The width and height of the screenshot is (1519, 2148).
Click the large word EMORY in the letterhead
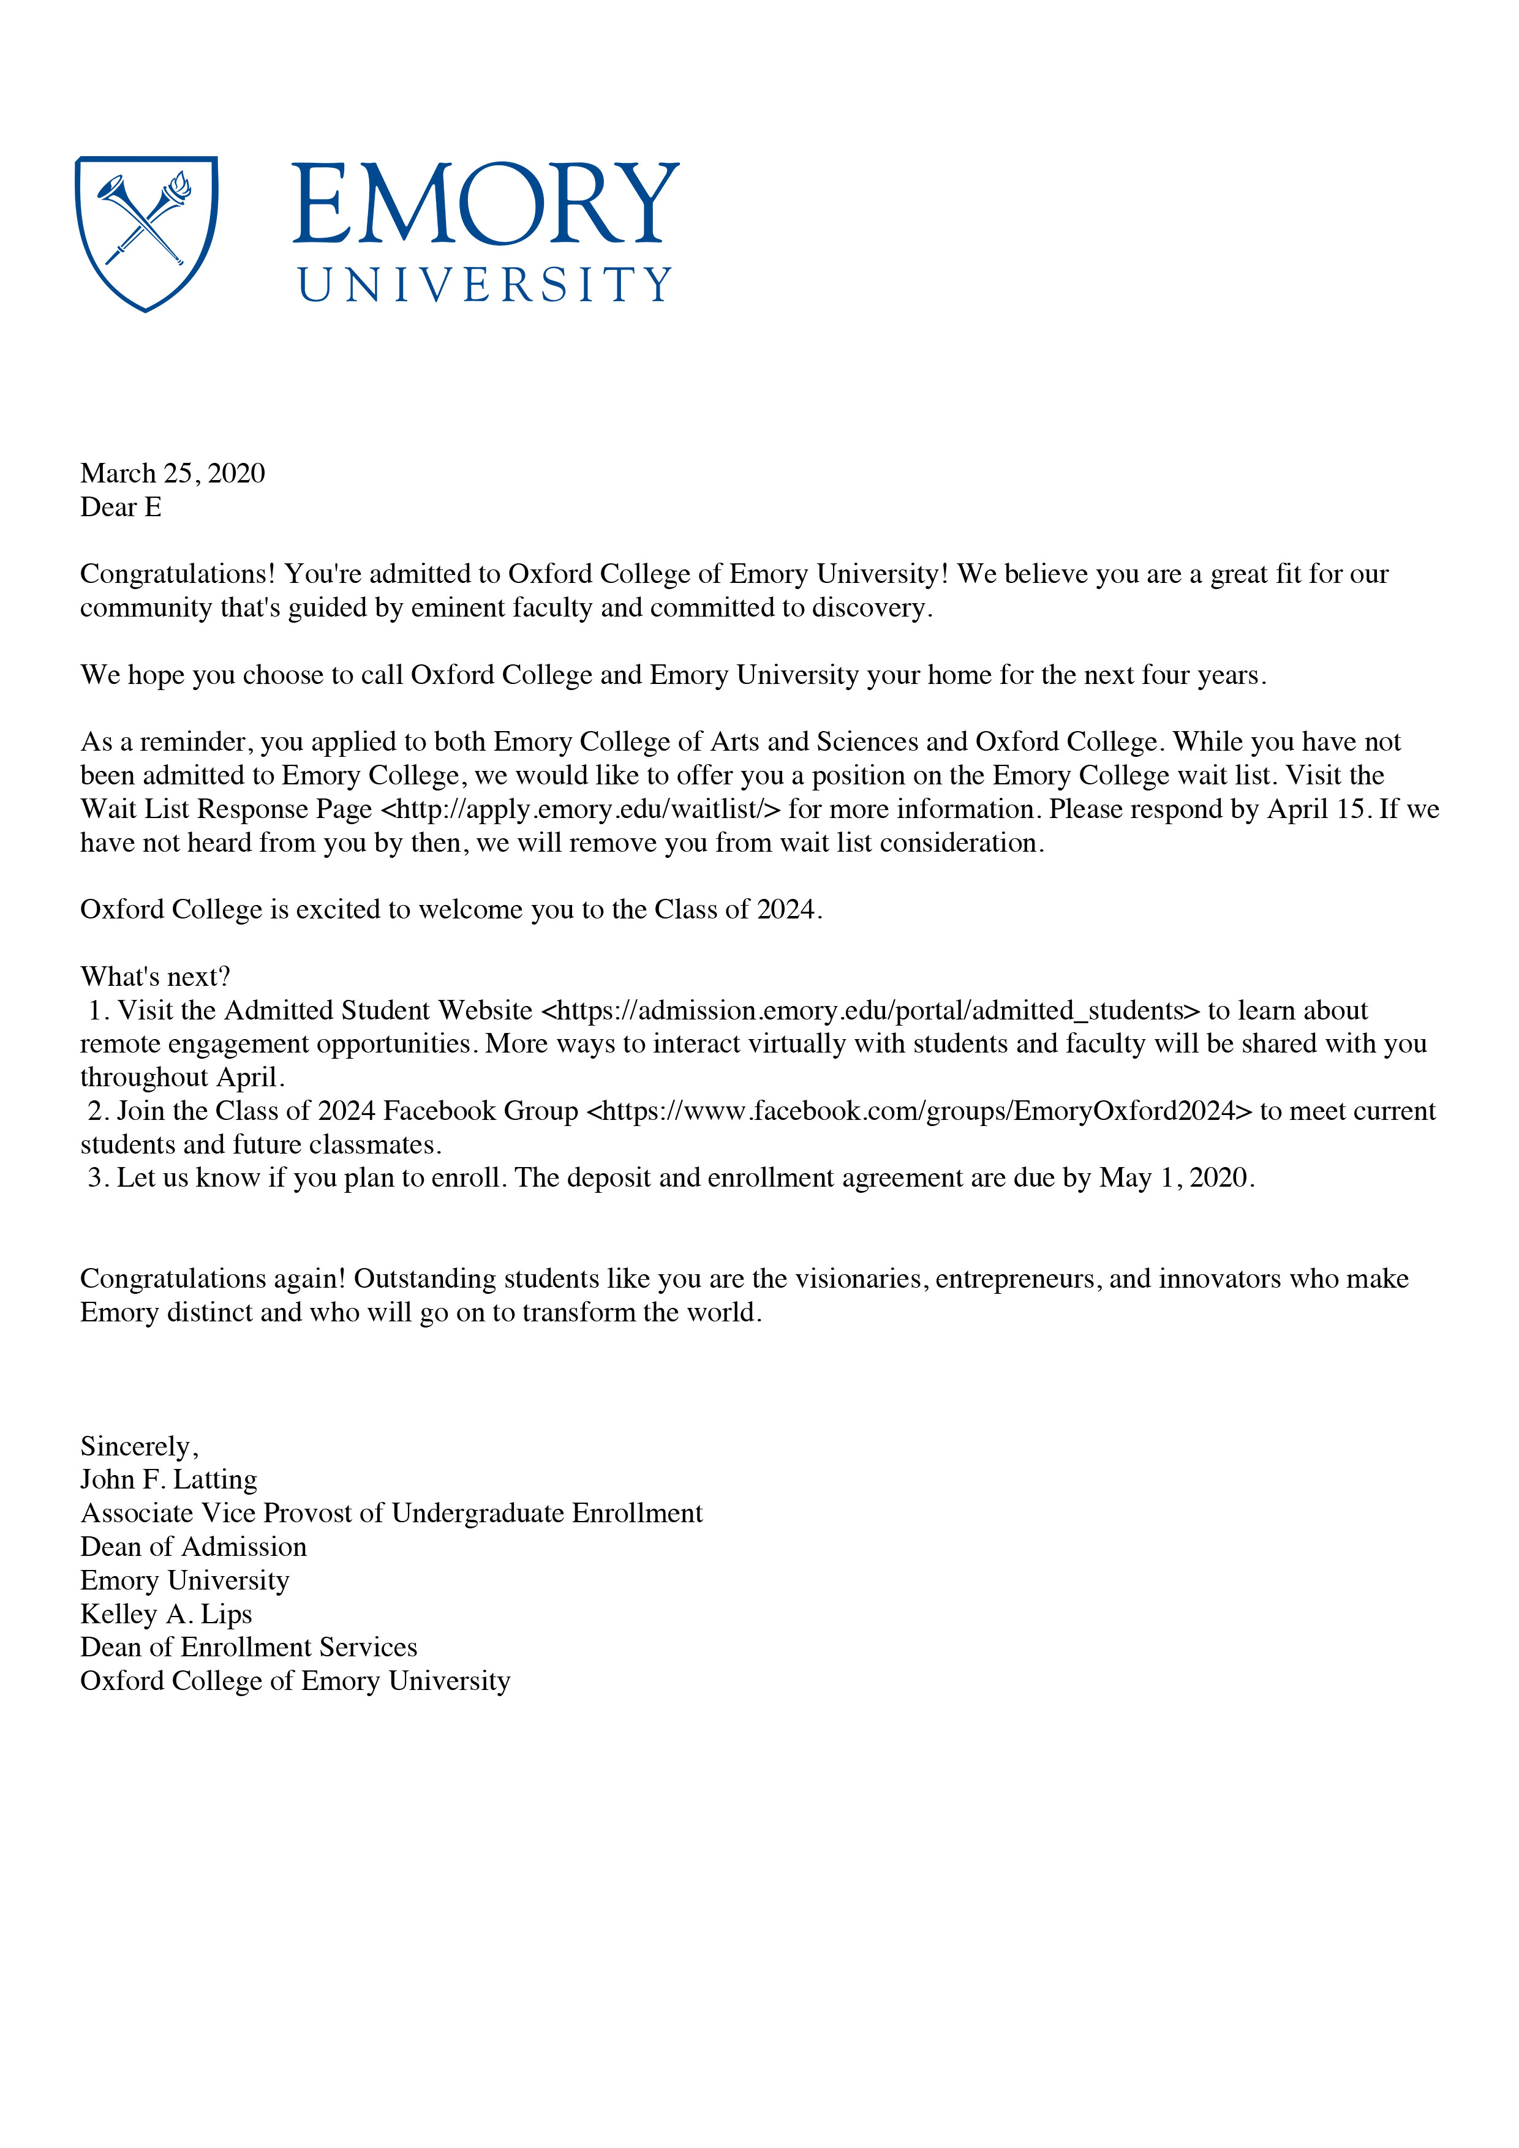(485, 204)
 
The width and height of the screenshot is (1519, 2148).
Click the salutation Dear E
(121, 507)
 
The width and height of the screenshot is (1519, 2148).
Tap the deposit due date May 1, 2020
(1175, 1178)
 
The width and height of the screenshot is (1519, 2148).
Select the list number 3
(96, 1178)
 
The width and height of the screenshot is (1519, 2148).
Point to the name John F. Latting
(168, 1480)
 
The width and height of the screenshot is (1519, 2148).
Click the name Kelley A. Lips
(165, 1614)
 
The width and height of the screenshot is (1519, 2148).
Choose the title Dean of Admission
(193, 1547)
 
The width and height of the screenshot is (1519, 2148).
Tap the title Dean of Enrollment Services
(248, 1648)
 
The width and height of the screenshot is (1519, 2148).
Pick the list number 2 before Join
(96, 1111)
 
